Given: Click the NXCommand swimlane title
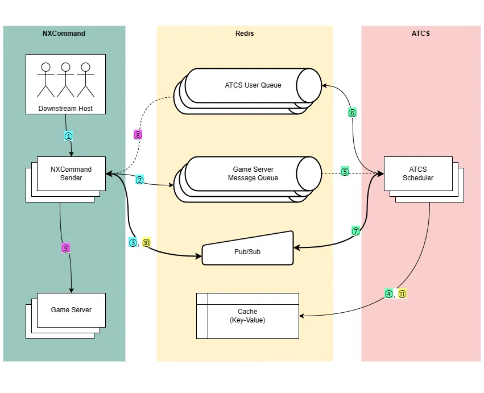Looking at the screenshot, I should [x=64, y=34].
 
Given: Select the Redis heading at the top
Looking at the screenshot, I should [x=245, y=34].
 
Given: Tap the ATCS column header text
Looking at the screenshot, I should [x=421, y=34].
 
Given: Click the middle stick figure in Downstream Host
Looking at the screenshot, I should [x=65, y=80].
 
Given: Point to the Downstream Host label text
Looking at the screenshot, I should [x=65, y=108].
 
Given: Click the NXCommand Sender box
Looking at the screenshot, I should [x=71, y=173].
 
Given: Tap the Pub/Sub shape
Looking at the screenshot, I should [x=247, y=251].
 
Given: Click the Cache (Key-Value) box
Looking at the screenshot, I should [x=247, y=316].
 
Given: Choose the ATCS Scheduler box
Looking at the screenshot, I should [x=418, y=173].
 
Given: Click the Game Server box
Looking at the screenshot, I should [x=71, y=310].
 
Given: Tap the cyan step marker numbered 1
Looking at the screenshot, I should [x=68, y=136].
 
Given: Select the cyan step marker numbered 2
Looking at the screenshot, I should [x=139, y=180].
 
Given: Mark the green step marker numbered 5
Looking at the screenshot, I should [x=345, y=171].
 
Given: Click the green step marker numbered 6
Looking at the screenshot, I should [x=352, y=113].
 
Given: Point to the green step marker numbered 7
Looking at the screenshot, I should [x=356, y=231].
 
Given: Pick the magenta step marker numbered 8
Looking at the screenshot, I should [x=138, y=135].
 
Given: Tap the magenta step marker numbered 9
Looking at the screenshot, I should [x=65, y=248].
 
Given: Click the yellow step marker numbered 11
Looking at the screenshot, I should [x=402, y=294].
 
